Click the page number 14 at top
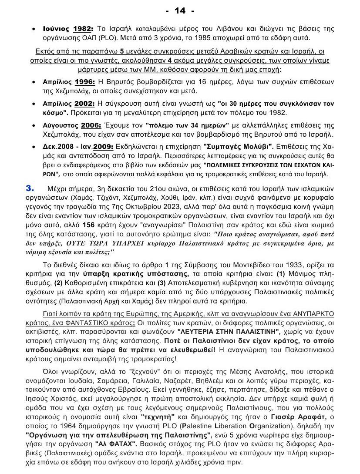point(180,10)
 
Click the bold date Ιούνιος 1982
point(67,29)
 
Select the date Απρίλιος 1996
point(68,81)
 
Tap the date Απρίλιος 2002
point(68,104)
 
